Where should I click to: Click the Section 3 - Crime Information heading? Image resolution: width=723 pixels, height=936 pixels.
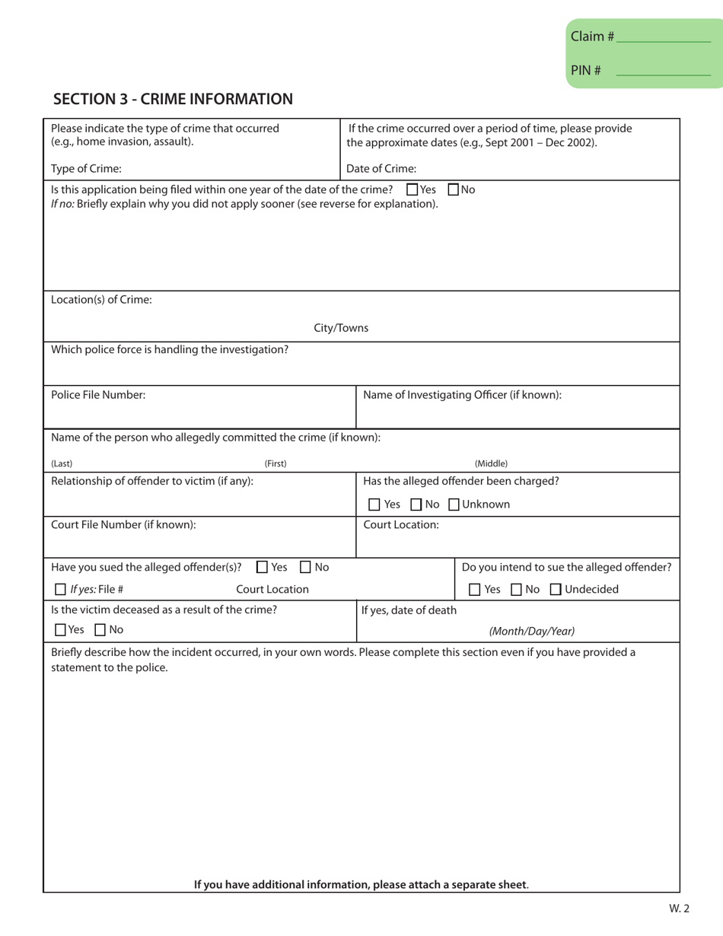pyautogui.click(x=173, y=99)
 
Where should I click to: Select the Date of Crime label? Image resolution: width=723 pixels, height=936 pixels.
pyautogui.click(x=381, y=168)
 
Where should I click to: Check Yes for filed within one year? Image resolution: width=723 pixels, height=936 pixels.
pyautogui.click(x=412, y=189)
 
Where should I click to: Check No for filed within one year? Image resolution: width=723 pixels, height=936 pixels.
pyautogui.click(x=454, y=189)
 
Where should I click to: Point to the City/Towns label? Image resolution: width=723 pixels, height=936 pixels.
pyautogui.click(x=341, y=328)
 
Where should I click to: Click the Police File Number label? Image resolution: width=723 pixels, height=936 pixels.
pyautogui.click(x=98, y=395)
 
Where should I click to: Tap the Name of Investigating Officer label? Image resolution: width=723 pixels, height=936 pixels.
pyautogui.click(x=462, y=395)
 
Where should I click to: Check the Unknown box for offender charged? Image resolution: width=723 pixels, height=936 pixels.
pyautogui.click(x=454, y=505)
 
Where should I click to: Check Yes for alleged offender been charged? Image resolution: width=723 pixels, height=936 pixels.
pyautogui.click(x=374, y=505)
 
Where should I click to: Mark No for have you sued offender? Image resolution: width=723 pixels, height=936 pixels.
pyautogui.click(x=305, y=567)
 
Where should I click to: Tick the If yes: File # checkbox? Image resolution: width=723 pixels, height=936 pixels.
pyautogui.click(x=61, y=589)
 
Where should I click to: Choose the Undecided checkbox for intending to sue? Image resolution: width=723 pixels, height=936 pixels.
pyautogui.click(x=555, y=589)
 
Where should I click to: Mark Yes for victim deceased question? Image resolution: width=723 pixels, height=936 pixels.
pyautogui.click(x=61, y=630)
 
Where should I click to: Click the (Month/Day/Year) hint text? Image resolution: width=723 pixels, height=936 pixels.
pyautogui.click(x=531, y=630)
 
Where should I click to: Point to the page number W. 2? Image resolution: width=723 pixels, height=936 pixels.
pyautogui.click(x=680, y=908)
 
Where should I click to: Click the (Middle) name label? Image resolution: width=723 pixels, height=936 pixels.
pyautogui.click(x=491, y=463)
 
